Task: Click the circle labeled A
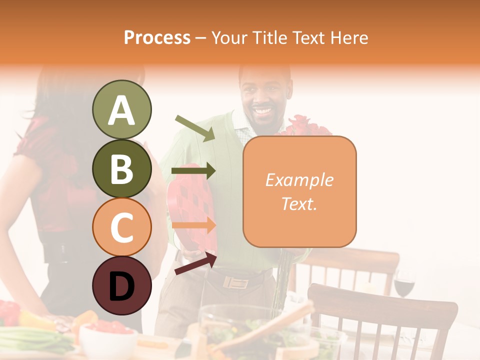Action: click(121, 110)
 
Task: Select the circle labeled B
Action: click(121, 169)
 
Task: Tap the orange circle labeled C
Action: click(121, 227)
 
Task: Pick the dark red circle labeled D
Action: click(121, 286)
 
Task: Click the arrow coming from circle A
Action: click(195, 128)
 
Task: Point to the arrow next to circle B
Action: click(193, 171)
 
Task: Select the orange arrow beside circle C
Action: click(193, 225)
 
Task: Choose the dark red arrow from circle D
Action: click(195, 263)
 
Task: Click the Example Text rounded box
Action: click(299, 191)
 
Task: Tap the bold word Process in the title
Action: click(157, 37)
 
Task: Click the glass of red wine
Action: click(404, 284)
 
